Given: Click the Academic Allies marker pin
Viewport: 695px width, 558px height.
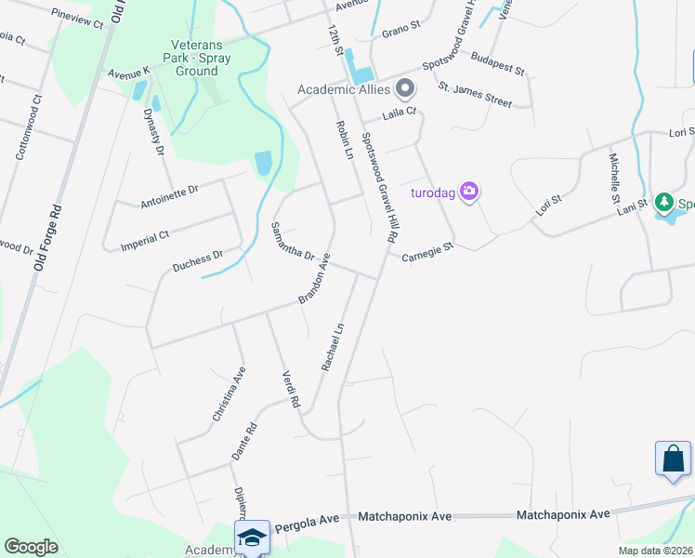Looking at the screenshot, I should pos(404,89).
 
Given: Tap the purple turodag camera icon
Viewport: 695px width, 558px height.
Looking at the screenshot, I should pos(470,193).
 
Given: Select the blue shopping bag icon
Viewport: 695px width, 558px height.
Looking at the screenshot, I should pos(673,458).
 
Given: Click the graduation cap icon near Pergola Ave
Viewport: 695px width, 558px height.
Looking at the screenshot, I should pos(252,538).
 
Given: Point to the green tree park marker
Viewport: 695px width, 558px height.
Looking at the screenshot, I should pos(663,202).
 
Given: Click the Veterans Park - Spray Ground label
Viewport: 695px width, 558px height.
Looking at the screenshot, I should pos(201,58).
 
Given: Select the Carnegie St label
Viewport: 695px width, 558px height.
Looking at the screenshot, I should pos(426,252).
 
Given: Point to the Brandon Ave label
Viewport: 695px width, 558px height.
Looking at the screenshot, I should pos(315,283).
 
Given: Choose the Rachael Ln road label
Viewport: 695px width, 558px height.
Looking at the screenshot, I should pos(333,347).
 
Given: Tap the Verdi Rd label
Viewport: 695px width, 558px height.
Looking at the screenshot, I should pos(291,390).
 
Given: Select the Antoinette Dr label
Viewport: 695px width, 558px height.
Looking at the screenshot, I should pos(169,195).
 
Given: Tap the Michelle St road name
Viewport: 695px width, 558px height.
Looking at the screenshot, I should pos(614,178).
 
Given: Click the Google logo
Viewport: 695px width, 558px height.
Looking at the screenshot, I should pos(31,547).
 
